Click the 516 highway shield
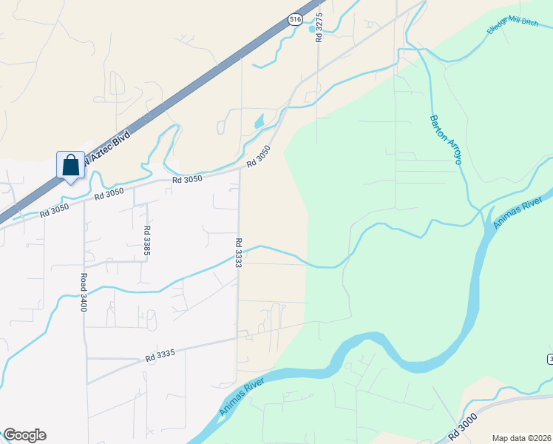click(295, 21)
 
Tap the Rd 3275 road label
click(319, 26)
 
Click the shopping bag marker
click(70, 164)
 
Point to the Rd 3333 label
click(239, 252)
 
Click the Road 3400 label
click(84, 292)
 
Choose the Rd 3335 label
click(160, 356)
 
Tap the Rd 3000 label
click(462, 427)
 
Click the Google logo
click(24, 435)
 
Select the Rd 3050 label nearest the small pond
click(259, 155)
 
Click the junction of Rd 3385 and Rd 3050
click(135, 187)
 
